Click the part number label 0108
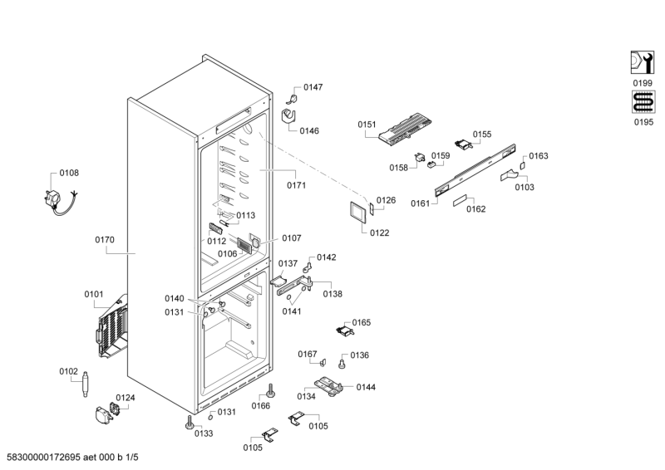point(69,174)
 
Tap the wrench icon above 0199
point(642,63)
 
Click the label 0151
point(367,125)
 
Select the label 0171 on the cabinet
point(296,184)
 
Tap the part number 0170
point(105,240)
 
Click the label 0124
point(125,398)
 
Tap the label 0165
point(362,322)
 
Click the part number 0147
point(313,87)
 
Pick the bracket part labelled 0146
point(290,116)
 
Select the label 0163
point(539,155)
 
